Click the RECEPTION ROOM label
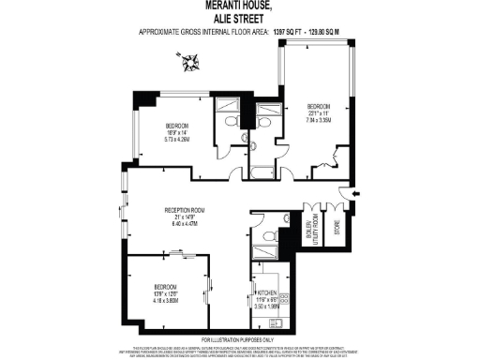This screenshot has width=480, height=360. (x=185, y=209)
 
